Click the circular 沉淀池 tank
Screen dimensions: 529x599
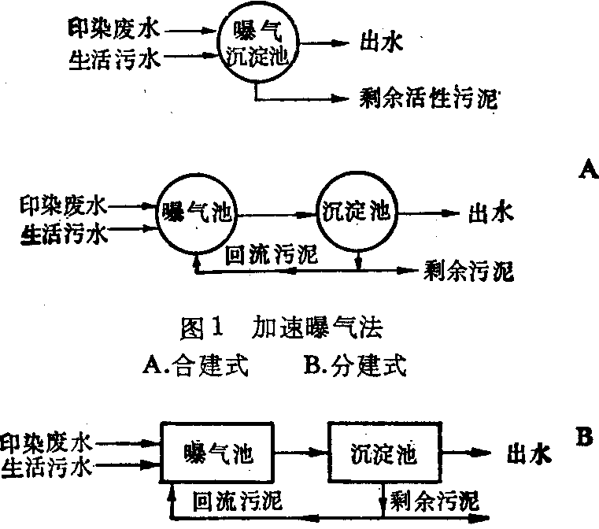(357, 211)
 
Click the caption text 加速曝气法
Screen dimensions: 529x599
(319, 327)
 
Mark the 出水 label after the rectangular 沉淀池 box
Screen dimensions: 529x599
(527, 454)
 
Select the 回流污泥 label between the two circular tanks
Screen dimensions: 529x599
(271, 254)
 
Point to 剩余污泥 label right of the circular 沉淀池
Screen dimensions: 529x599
(468, 272)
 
